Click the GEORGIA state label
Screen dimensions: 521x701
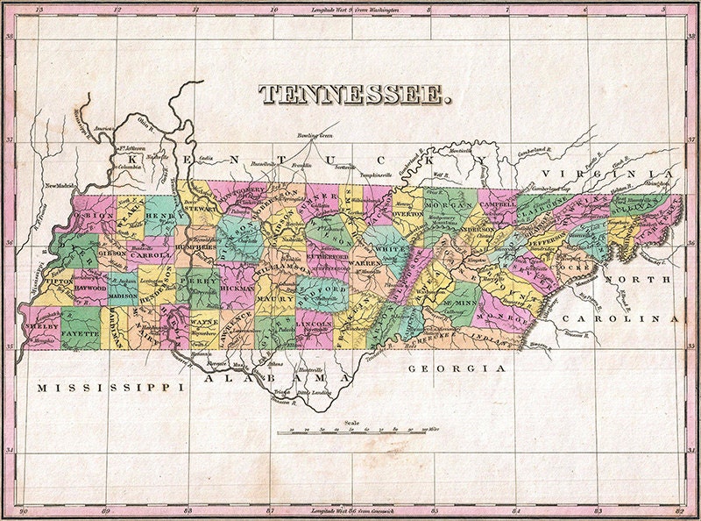click(x=457, y=369)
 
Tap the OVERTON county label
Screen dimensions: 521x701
click(x=407, y=212)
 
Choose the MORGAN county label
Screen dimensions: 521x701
click(x=448, y=206)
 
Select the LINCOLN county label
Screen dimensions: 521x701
click(x=314, y=325)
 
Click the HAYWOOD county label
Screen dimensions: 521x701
click(x=89, y=287)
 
